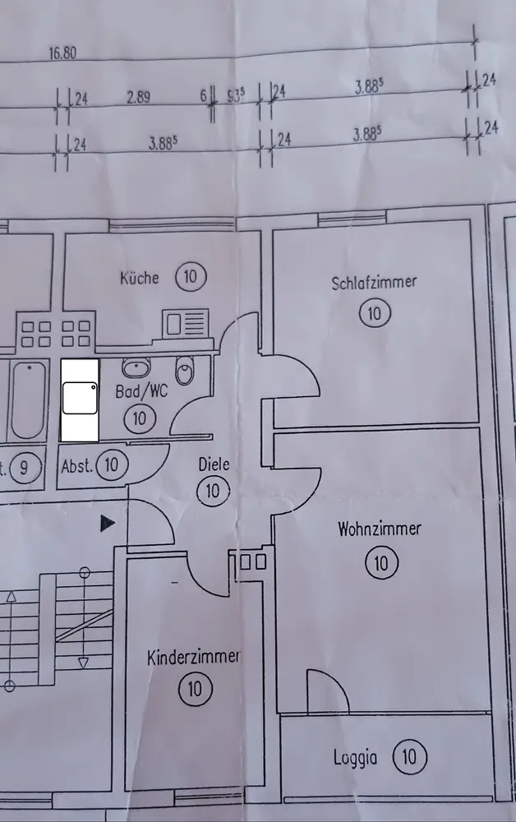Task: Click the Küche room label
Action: coord(140,278)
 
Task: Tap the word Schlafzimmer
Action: coord(374,283)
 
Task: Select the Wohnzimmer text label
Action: coord(380,529)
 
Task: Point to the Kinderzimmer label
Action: coord(193,657)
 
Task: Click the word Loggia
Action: coord(356,757)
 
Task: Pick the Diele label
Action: coord(214,464)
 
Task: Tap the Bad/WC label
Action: coord(141,392)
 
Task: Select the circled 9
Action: coord(25,469)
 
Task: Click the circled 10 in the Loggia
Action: coord(409,755)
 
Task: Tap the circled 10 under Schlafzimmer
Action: coord(375,313)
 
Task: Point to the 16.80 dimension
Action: coord(62,53)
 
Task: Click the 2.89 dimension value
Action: coord(138,99)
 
